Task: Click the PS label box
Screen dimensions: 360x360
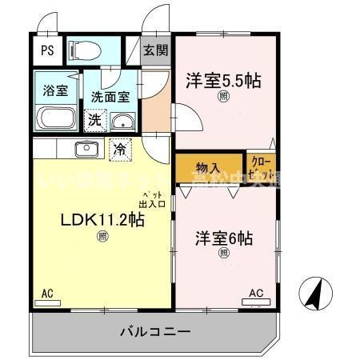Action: tap(47, 50)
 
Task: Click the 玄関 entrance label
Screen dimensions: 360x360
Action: tap(156, 50)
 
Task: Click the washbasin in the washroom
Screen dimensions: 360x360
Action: tap(122, 122)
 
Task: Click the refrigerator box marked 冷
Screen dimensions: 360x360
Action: tap(118, 148)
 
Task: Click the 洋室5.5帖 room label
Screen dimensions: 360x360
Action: tap(224, 81)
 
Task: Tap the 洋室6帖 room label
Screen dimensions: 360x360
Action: tap(224, 238)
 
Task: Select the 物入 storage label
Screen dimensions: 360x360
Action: tap(209, 168)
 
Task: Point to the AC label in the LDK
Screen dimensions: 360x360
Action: tap(47, 295)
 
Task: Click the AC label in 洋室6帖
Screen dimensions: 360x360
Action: tap(255, 293)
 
